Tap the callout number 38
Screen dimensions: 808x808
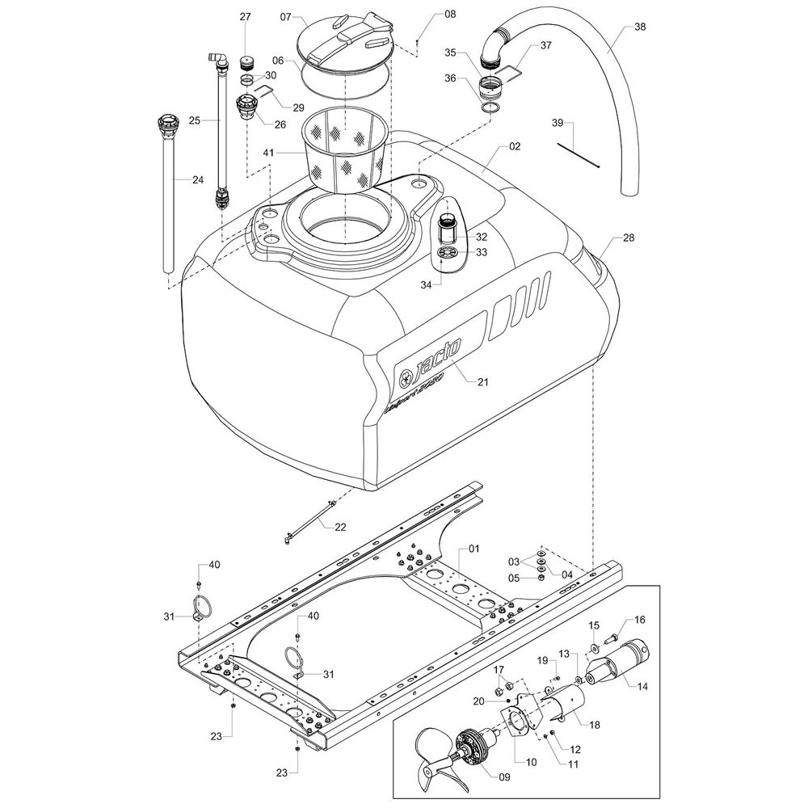click(x=639, y=27)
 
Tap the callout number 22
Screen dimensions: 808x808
click(x=340, y=527)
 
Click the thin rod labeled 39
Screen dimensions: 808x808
click(x=577, y=154)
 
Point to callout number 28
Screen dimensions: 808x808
click(x=629, y=239)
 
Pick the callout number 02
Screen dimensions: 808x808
click(x=515, y=147)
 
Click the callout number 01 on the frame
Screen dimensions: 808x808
click(x=474, y=549)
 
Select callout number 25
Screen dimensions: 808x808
click(x=194, y=120)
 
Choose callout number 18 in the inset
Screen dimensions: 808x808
click(x=595, y=726)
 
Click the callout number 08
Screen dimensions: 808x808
click(x=450, y=15)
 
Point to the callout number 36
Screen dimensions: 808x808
click(x=451, y=78)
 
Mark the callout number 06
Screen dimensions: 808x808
click(x=277, y=61)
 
